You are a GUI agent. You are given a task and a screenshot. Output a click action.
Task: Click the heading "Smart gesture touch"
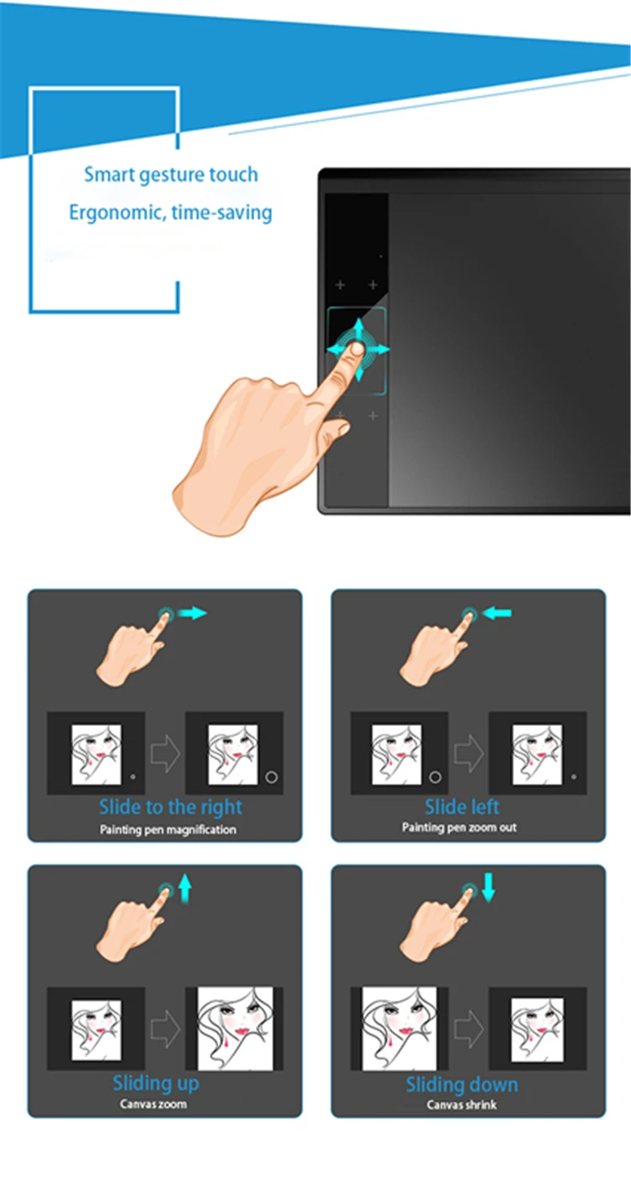tap(171, 175)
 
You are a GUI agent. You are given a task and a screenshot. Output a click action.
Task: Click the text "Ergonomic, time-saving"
tap(171, 213)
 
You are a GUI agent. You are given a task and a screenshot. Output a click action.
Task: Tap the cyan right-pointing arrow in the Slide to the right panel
tap(192, 613)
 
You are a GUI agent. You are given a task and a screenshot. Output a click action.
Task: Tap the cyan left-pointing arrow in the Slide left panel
tap(497, 613)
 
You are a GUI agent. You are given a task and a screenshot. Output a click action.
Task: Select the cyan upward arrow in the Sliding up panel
tap(184, 888)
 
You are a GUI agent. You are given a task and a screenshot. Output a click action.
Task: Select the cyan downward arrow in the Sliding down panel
tap(489, 888)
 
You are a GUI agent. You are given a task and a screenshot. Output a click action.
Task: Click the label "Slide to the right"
tap(171, 807)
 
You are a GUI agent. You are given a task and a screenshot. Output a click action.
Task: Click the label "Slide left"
tap(462, 807)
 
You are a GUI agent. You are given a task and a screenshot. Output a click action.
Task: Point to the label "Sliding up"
tap(156, 1084)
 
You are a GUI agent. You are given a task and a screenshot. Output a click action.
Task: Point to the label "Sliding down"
tap(462, 1084)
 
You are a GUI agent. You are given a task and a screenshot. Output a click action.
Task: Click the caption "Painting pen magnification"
tap(168, 829)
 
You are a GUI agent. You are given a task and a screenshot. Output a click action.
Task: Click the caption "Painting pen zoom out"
tap(459, 827)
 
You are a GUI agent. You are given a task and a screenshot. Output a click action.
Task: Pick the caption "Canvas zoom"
tap(153, 1105)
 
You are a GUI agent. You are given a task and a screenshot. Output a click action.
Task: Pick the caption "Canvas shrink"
tap(461, 1105)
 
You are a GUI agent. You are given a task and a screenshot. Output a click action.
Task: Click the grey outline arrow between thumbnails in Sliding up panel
tap(165, 1029)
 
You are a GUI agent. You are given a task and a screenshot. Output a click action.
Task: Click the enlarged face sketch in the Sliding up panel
tap(236, 1028)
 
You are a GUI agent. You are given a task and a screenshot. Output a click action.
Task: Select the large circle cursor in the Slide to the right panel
tap(271, 777)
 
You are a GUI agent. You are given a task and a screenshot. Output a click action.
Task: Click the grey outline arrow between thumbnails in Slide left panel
tap(469, 753)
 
